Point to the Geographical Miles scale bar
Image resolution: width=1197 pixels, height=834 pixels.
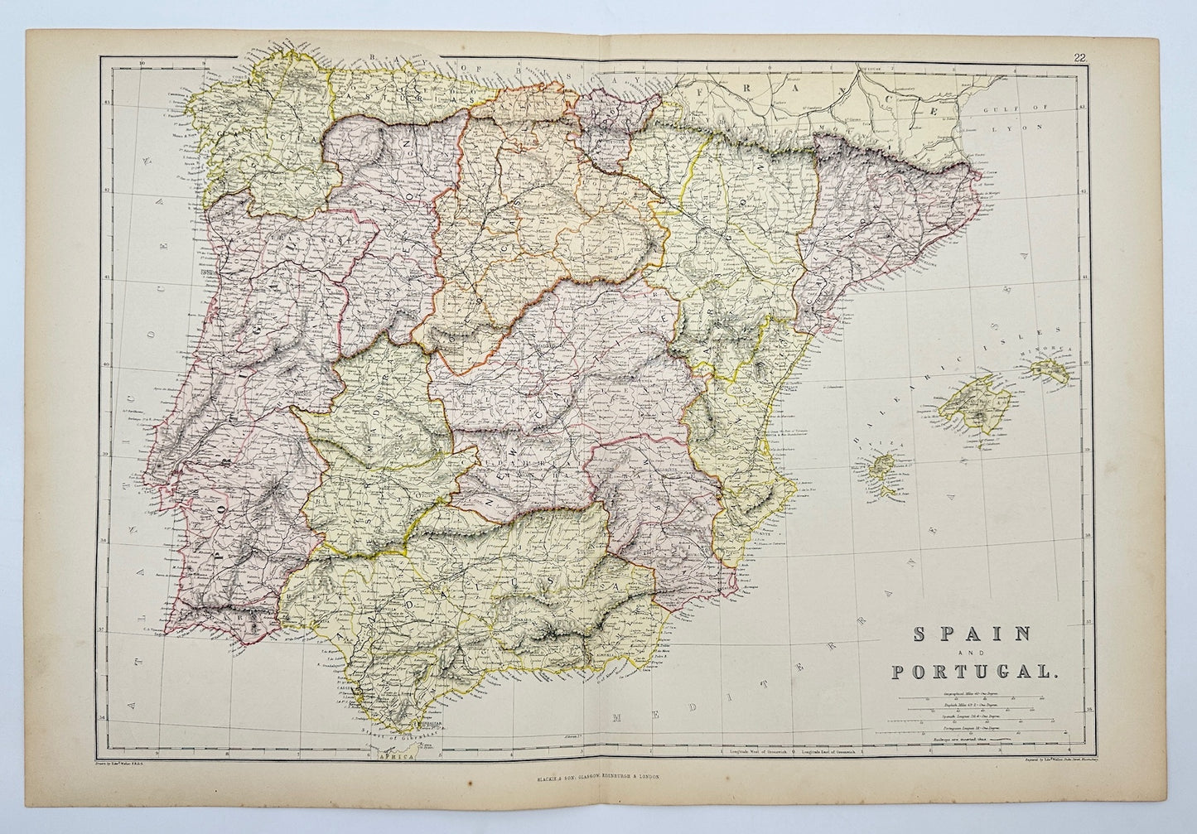(977, 693)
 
